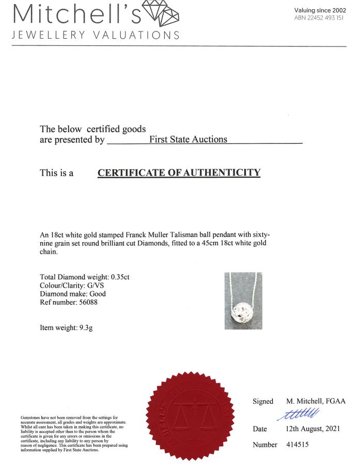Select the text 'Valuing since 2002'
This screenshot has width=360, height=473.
[x=320, y=10]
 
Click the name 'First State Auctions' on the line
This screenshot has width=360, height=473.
[x=188, y=139]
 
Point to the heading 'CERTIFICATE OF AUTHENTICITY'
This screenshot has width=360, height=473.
[x=179, y=172]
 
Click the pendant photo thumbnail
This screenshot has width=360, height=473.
[x=243, y=301]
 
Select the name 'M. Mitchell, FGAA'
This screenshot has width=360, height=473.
[x=316, y=401]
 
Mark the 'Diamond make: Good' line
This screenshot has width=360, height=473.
[x=73, y=294]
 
